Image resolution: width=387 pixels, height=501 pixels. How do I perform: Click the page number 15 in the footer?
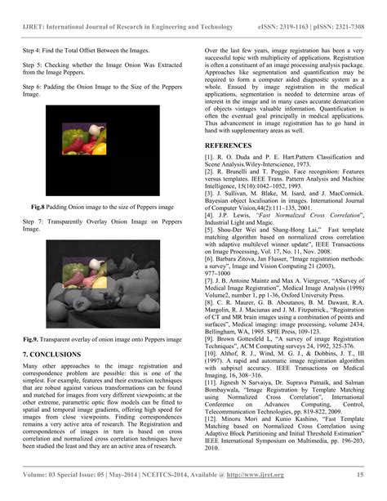tap(359, 473)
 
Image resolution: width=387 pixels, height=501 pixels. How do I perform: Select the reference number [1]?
tap(209, 155)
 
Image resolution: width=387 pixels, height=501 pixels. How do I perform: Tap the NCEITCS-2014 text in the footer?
tap(164, 473)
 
